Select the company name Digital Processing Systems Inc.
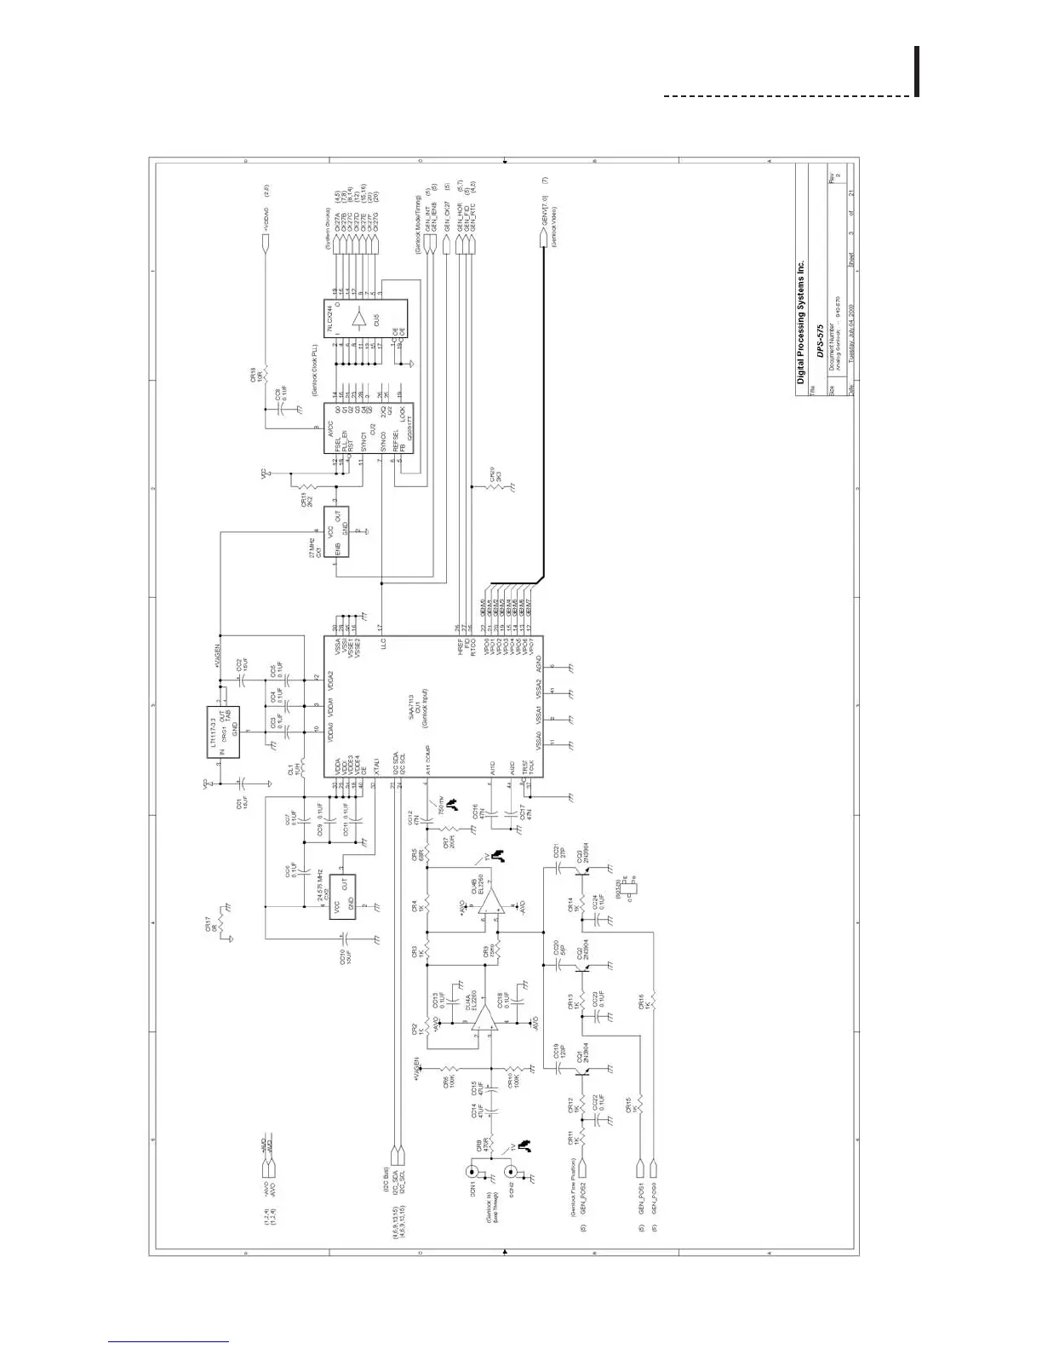(800, 323)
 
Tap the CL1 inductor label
(290, 771)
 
